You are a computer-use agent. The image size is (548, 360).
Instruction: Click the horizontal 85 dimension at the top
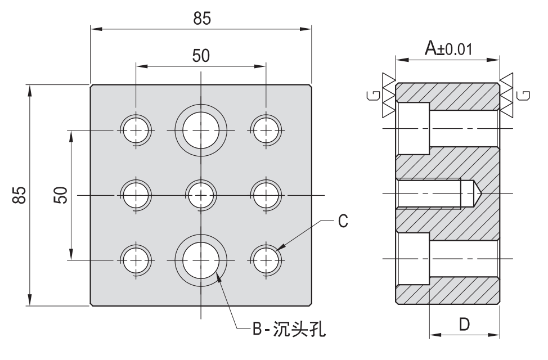tap(202, 19)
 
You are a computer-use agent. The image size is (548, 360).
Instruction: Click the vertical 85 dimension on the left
tap(19, 195)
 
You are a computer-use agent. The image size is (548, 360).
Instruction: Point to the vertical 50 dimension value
tap(61, 195)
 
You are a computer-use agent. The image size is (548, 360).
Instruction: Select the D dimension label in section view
tap(464, 325)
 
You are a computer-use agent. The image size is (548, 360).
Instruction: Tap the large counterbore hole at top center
tap(201, 130)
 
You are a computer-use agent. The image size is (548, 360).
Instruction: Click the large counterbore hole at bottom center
tap(201, 260)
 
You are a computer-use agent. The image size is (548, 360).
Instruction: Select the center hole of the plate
tap(201, 195)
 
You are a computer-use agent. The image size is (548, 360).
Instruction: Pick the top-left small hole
tap(136, 130)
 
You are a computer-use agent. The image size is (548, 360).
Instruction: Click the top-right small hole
tap(266, 130)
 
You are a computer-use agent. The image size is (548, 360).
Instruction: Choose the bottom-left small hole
tap(136, 260)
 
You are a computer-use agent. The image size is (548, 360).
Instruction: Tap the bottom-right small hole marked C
tap(266, 260)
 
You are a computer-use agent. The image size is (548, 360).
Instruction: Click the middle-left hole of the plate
tap(136, 195)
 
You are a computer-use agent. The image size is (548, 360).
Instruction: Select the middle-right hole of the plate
tap(266, 195)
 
